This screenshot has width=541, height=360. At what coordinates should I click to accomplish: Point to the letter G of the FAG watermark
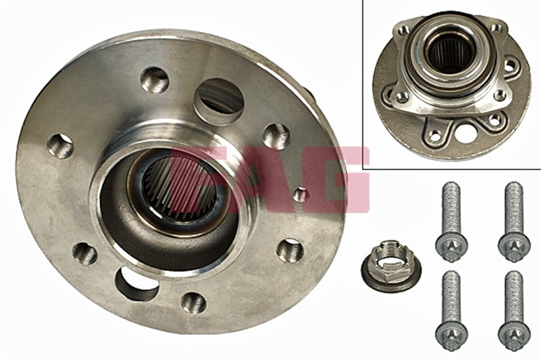331,179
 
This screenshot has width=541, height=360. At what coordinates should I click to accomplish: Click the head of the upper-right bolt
513,246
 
